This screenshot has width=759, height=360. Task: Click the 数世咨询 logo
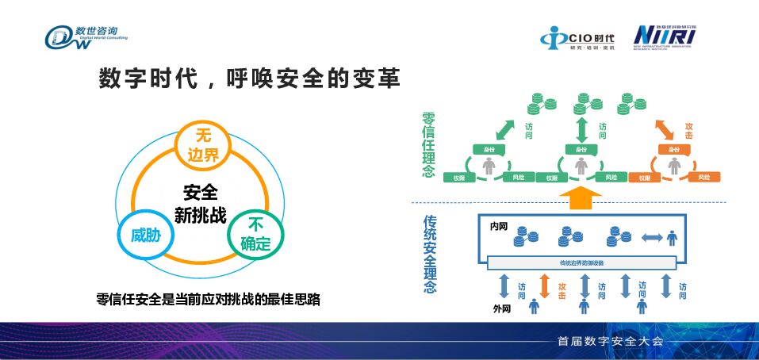[x=85, y=36]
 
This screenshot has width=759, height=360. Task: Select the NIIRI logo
[x=665, y=36]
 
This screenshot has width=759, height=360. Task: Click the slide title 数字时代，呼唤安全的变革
[x=249, y=79]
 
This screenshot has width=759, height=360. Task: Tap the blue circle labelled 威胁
[x=145, y=235]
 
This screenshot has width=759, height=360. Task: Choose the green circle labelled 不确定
[x=255, y=235]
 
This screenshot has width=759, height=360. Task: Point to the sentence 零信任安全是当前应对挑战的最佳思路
[x=208, y=300]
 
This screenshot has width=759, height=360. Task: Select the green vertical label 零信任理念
[x=429, y=145]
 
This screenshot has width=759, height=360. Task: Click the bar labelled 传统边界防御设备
[x=581, y=262]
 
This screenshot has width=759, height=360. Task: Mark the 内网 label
[x=499, y=226]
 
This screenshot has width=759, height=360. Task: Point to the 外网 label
[x=500, y=308]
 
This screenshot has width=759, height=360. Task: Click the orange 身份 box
[x=673, y=149]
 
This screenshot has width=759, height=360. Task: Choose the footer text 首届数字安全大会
[x=609, y=342]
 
